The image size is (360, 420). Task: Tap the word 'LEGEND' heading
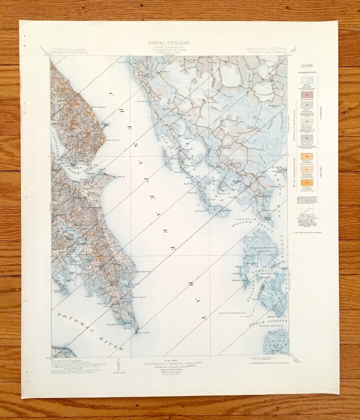coord(306,66)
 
